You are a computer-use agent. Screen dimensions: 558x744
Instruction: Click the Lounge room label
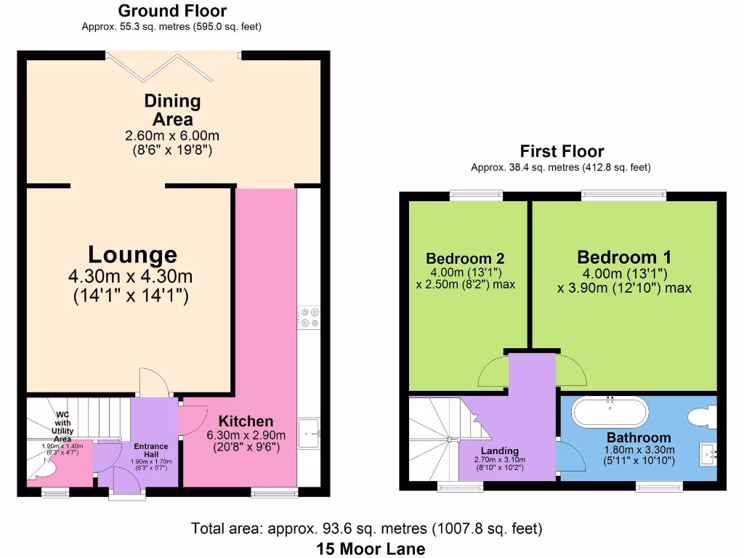click(x=132, y=255)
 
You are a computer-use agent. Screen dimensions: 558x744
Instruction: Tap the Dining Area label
click(x=172, y=110)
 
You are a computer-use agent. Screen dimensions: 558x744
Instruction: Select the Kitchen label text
click(x=246, y=421)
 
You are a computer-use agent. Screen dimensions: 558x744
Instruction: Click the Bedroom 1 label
click(x=624, y=257)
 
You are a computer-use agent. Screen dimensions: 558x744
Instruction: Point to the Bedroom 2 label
click(x=465, y=259)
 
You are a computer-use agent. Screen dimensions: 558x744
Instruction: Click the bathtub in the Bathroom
click(x=609, y=412)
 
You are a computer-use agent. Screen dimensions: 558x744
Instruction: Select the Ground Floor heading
click(x=172, y=11)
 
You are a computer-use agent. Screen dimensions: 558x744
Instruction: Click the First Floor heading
click(x=562, y=151)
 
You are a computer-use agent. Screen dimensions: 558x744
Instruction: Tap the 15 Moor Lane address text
click(x=371, y=549)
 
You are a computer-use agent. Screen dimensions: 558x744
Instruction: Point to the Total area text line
click(x=366, y=528)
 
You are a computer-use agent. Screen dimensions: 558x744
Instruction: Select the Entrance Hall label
click(x=151, y=450)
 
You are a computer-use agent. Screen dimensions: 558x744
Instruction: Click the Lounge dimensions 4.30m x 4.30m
click(x=131, y=277)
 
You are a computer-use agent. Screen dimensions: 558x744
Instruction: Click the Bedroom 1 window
click(x=623, y=194)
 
